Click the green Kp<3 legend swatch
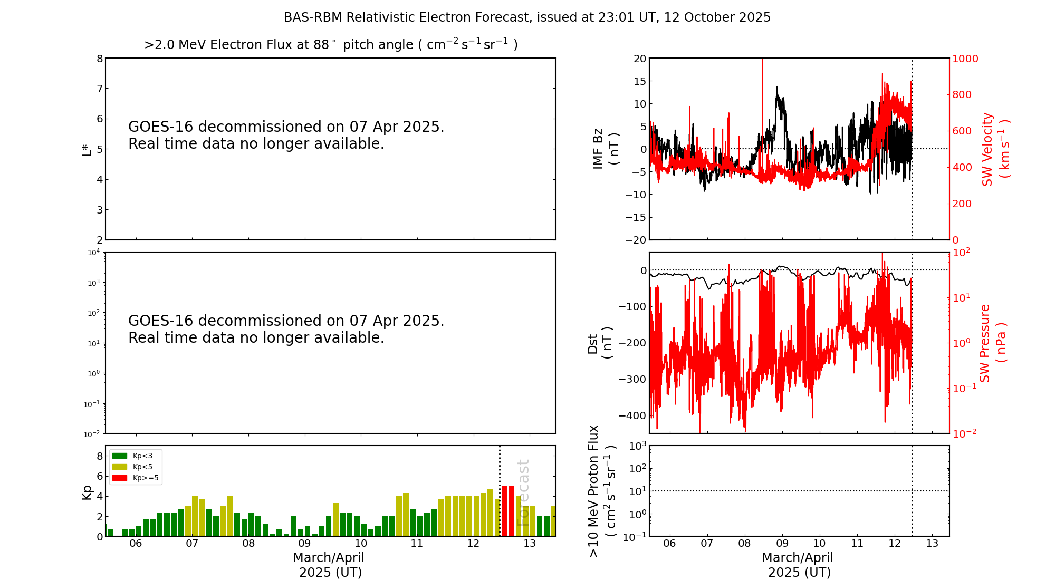coord(120,456)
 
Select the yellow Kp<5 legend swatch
coord(120,467)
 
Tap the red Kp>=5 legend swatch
coord(120,478)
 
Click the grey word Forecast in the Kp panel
coord(523,492)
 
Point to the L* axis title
coord(87,149)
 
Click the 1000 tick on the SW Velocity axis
coord(965,59)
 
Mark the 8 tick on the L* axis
coord(99,59)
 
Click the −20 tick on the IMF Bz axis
coord(636,240)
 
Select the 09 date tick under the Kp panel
coord(304,544)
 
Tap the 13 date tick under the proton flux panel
coord(932,544)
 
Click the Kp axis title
coord(87,492)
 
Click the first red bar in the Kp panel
coord(504,511)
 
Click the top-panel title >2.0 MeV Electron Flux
coord(331,45)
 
